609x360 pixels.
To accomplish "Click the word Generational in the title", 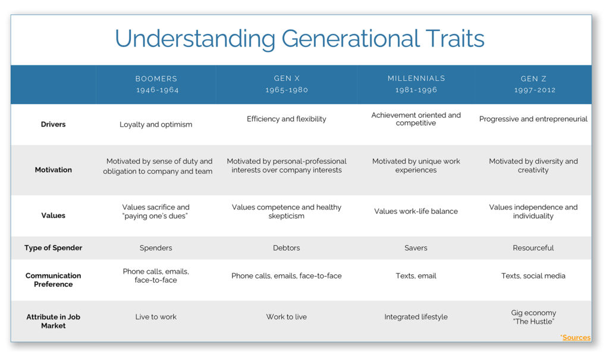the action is tap(351, 39).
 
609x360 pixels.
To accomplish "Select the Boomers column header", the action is tap(156, 79).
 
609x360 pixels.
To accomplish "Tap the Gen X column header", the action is tap(287, 78).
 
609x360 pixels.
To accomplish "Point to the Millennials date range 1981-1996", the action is tap(416, 90).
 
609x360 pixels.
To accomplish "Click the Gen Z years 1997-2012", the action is tap(535, 90).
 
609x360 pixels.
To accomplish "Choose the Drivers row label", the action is tap(53, 124).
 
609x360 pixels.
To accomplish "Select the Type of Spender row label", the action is tap(53, 248).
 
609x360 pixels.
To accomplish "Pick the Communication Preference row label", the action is tap(53, 280).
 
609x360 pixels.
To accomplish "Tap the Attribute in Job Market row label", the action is tap(53, 321).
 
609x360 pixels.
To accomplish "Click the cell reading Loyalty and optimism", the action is tap(156, 124).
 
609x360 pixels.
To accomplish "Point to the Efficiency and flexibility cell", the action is tap(287, 119).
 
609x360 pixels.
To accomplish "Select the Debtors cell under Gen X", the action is tap(286, 248).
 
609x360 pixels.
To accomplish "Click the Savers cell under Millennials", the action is tap(416, 248).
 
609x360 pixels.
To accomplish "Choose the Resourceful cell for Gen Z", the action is tap(533, 248).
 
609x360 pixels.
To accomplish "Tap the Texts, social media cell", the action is tap(533, 276).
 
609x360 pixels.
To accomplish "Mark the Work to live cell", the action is tap(286, 317).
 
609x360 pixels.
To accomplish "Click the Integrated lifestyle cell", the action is tap(416, 317).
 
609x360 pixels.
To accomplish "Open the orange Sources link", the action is tap(576, 337).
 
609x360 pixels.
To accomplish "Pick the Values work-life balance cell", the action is tap(416, 211).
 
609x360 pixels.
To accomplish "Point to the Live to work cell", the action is tap(156, 317).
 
